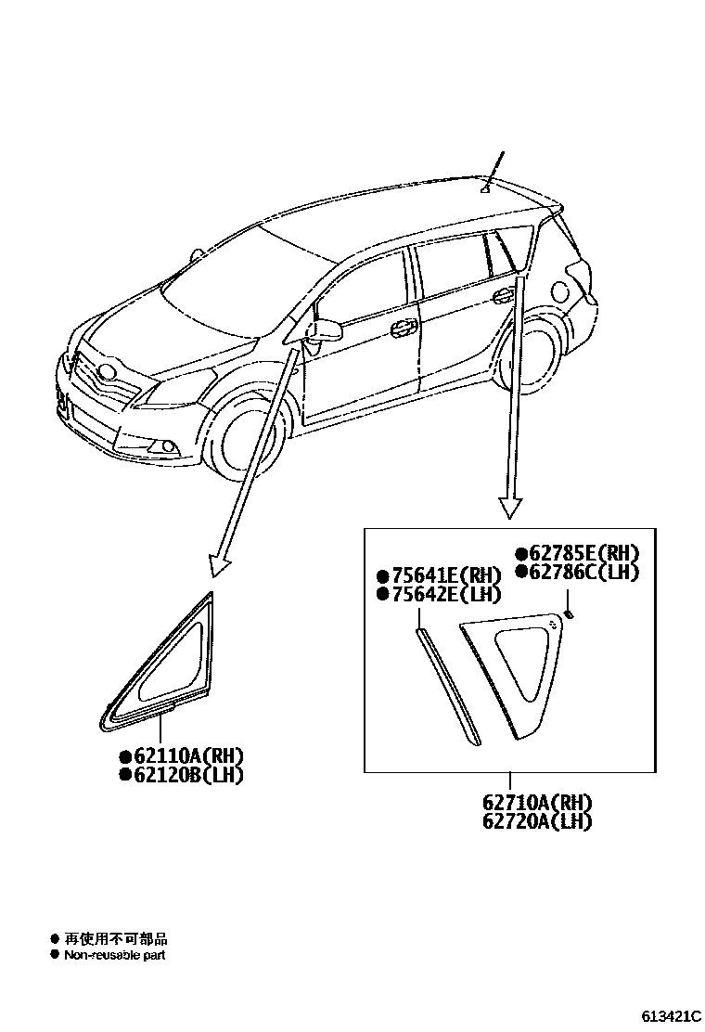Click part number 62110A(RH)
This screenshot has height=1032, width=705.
tap(186, 756)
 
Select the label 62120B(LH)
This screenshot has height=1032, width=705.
tap(186, 775)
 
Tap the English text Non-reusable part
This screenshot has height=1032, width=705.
tap(115, 955)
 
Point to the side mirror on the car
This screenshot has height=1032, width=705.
tap(327, 330)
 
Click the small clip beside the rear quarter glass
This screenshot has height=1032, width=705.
tap(570, 613)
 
